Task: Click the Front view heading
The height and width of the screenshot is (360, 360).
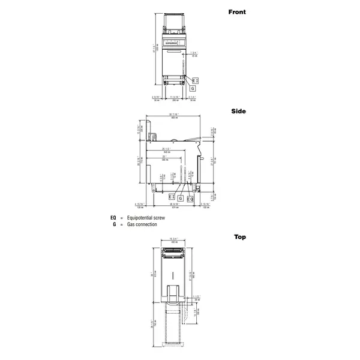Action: [237, 12]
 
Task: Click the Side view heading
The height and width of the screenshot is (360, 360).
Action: [239, 111]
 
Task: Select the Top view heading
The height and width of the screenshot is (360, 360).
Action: [240, 237]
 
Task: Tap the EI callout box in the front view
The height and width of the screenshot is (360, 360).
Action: [195, 80]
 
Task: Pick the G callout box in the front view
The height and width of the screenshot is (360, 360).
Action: [192, 88]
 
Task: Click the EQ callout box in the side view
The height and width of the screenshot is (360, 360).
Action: [190, 198]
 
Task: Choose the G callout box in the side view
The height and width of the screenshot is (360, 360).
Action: [181, 198]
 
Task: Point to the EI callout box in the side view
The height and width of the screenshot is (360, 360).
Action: [171, 197]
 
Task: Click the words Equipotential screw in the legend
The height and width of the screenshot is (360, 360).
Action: [143, 218]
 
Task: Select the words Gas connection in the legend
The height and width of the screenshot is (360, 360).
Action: [141, 224]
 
